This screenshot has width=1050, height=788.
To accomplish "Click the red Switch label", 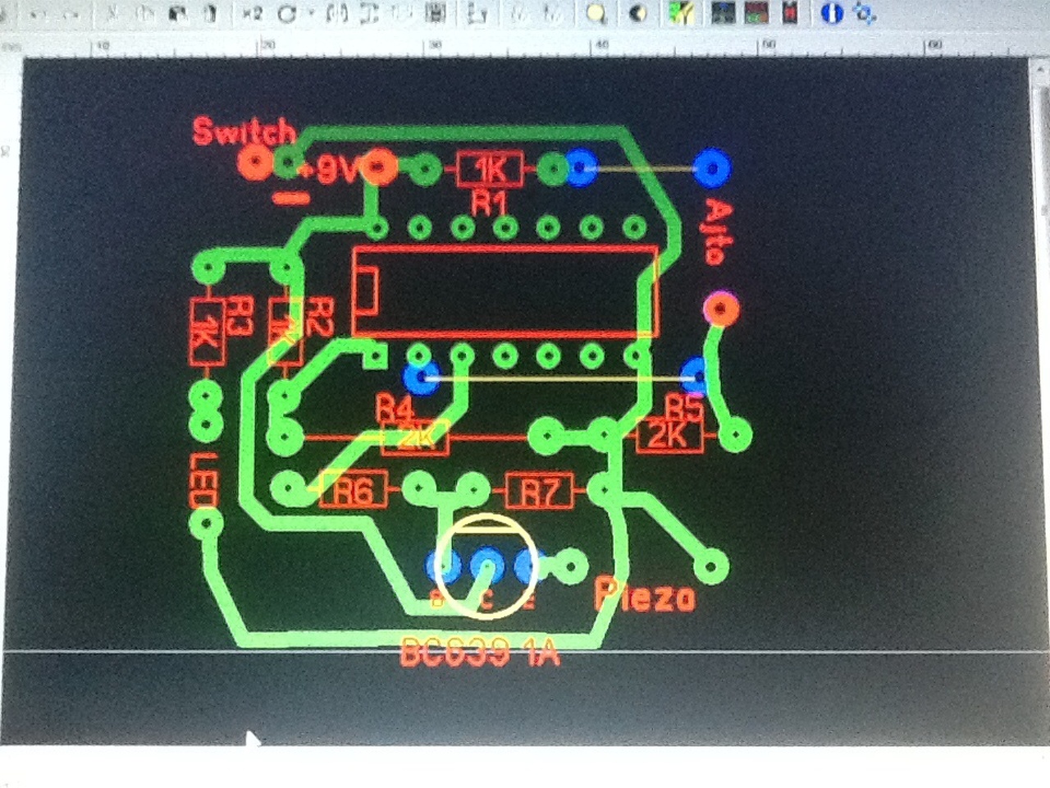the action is pyautogui.click(x=244, y=131).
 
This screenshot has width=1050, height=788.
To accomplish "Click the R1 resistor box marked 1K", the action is pyautogui.click(x=490, y=169).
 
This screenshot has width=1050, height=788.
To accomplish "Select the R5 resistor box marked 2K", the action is pyautogui.click(x=669, y=435).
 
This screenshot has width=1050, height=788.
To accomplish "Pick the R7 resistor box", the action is pyautogui.click(x=539, y=491).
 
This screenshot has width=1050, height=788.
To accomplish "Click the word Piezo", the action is pyautogui.click(x=646, y=594).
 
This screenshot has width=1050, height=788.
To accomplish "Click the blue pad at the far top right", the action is pyautogui.click(x=711, y=167).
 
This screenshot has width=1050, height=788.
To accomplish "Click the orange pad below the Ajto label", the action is pyautogui.click(x=721, y=309).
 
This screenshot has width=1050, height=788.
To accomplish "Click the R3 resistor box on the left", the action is pyautogui.click(x=207, y=332).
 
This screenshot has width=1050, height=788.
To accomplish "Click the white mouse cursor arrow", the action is pyautogui.click(x=253, y=740).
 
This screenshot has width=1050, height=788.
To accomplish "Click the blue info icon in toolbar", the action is pyautogui.click(x=832, y=13).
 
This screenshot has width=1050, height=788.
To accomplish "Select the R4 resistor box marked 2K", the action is pyautogui.click(x=415, y=438).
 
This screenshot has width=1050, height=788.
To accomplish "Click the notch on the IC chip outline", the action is pyautogui.click(x=365, y=292).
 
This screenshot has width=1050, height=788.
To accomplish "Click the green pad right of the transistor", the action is pyautogui.click(x=571, y=566).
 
